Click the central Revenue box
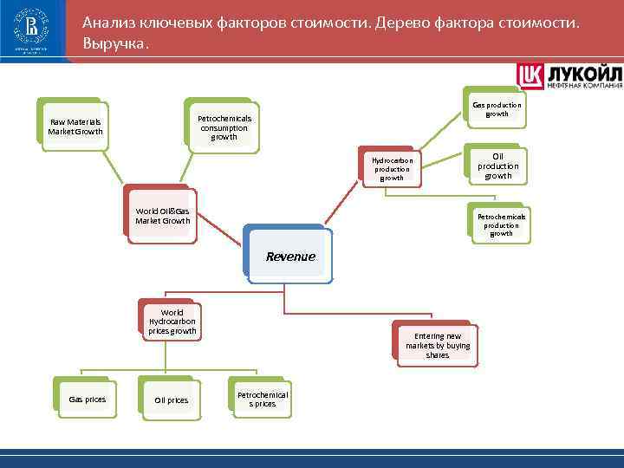click(x=289, y=257)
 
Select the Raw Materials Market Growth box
click(x=75, y=127)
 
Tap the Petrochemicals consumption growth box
click(x=224, y=127)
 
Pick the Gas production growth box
click(x=497, y=109)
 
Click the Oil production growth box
click(x=497, y=166)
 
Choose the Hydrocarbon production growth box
click(x=392, y=169)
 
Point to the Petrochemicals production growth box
click(x=501, y=224)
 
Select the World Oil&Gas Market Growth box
click(x=161, y=215)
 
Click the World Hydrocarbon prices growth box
click(x=172, y=322)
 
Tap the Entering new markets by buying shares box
click(x=437, y=345)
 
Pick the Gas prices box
click(x=87, y=400)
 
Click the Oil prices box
click(x=171, y=400)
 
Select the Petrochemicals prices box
click(x=262, y=399)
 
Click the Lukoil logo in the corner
click(x=569, y=75)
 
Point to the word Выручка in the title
click(x=115, y=42)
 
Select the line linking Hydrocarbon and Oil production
click(x=443, y=162)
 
